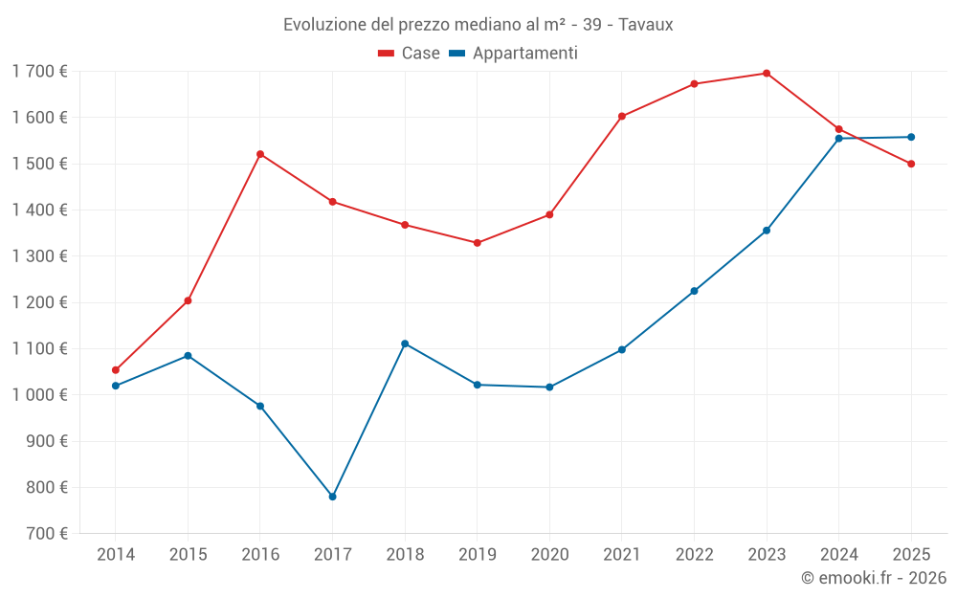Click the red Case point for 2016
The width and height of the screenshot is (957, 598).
[260, 154]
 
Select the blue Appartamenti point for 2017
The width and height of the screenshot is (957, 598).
[332, 497]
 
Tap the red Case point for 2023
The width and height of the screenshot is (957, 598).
[767, 74]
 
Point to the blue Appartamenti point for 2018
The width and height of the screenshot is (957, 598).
[405, 343]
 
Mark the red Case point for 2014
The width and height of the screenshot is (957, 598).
[116, 370]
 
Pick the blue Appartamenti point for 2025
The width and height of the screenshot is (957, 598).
[911, 137]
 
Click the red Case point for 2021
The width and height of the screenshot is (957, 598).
[622, 117]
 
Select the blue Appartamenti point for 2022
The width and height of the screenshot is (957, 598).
[694, 291]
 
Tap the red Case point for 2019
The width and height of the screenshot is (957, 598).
[478, 243]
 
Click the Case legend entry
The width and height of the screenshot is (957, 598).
[409, 54]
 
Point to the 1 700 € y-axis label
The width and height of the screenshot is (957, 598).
[40, 72]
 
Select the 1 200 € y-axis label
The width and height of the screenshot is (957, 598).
[40, 302]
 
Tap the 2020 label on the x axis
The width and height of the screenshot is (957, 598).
[549, 555]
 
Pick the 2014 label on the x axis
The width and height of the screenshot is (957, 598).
[116, 555]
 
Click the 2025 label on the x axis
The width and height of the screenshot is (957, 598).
[911, 555]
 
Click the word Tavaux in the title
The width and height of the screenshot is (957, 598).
[646, 25]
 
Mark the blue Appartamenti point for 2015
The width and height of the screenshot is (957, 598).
[188, 356]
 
